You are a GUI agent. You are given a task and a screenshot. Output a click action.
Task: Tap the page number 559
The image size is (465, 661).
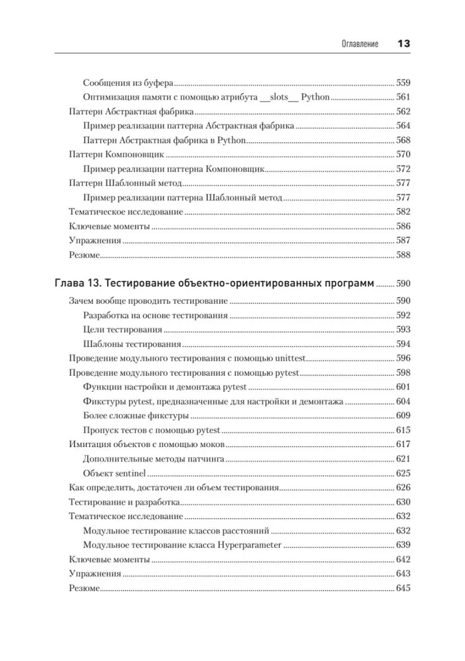click(x=403, y=83)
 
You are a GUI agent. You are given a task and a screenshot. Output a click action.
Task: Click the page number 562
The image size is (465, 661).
click(x=403, y=112)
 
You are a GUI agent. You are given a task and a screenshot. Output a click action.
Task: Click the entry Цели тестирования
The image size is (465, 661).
click(x=123, y=330)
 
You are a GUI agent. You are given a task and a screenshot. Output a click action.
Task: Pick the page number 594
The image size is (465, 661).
click(x=403, y=344)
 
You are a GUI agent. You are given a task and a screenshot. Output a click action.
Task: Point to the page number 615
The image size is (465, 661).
click(x=403, y=430)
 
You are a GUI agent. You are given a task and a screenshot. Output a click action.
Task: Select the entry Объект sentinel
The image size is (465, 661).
click(x=116, y=474)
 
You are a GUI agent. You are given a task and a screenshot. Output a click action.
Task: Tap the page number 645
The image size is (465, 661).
click(x=403, y=589)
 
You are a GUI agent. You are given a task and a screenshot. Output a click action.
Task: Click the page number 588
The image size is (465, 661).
click(x=403, y=255)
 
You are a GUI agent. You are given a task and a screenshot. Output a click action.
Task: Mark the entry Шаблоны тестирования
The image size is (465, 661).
click(x=133, y=344)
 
